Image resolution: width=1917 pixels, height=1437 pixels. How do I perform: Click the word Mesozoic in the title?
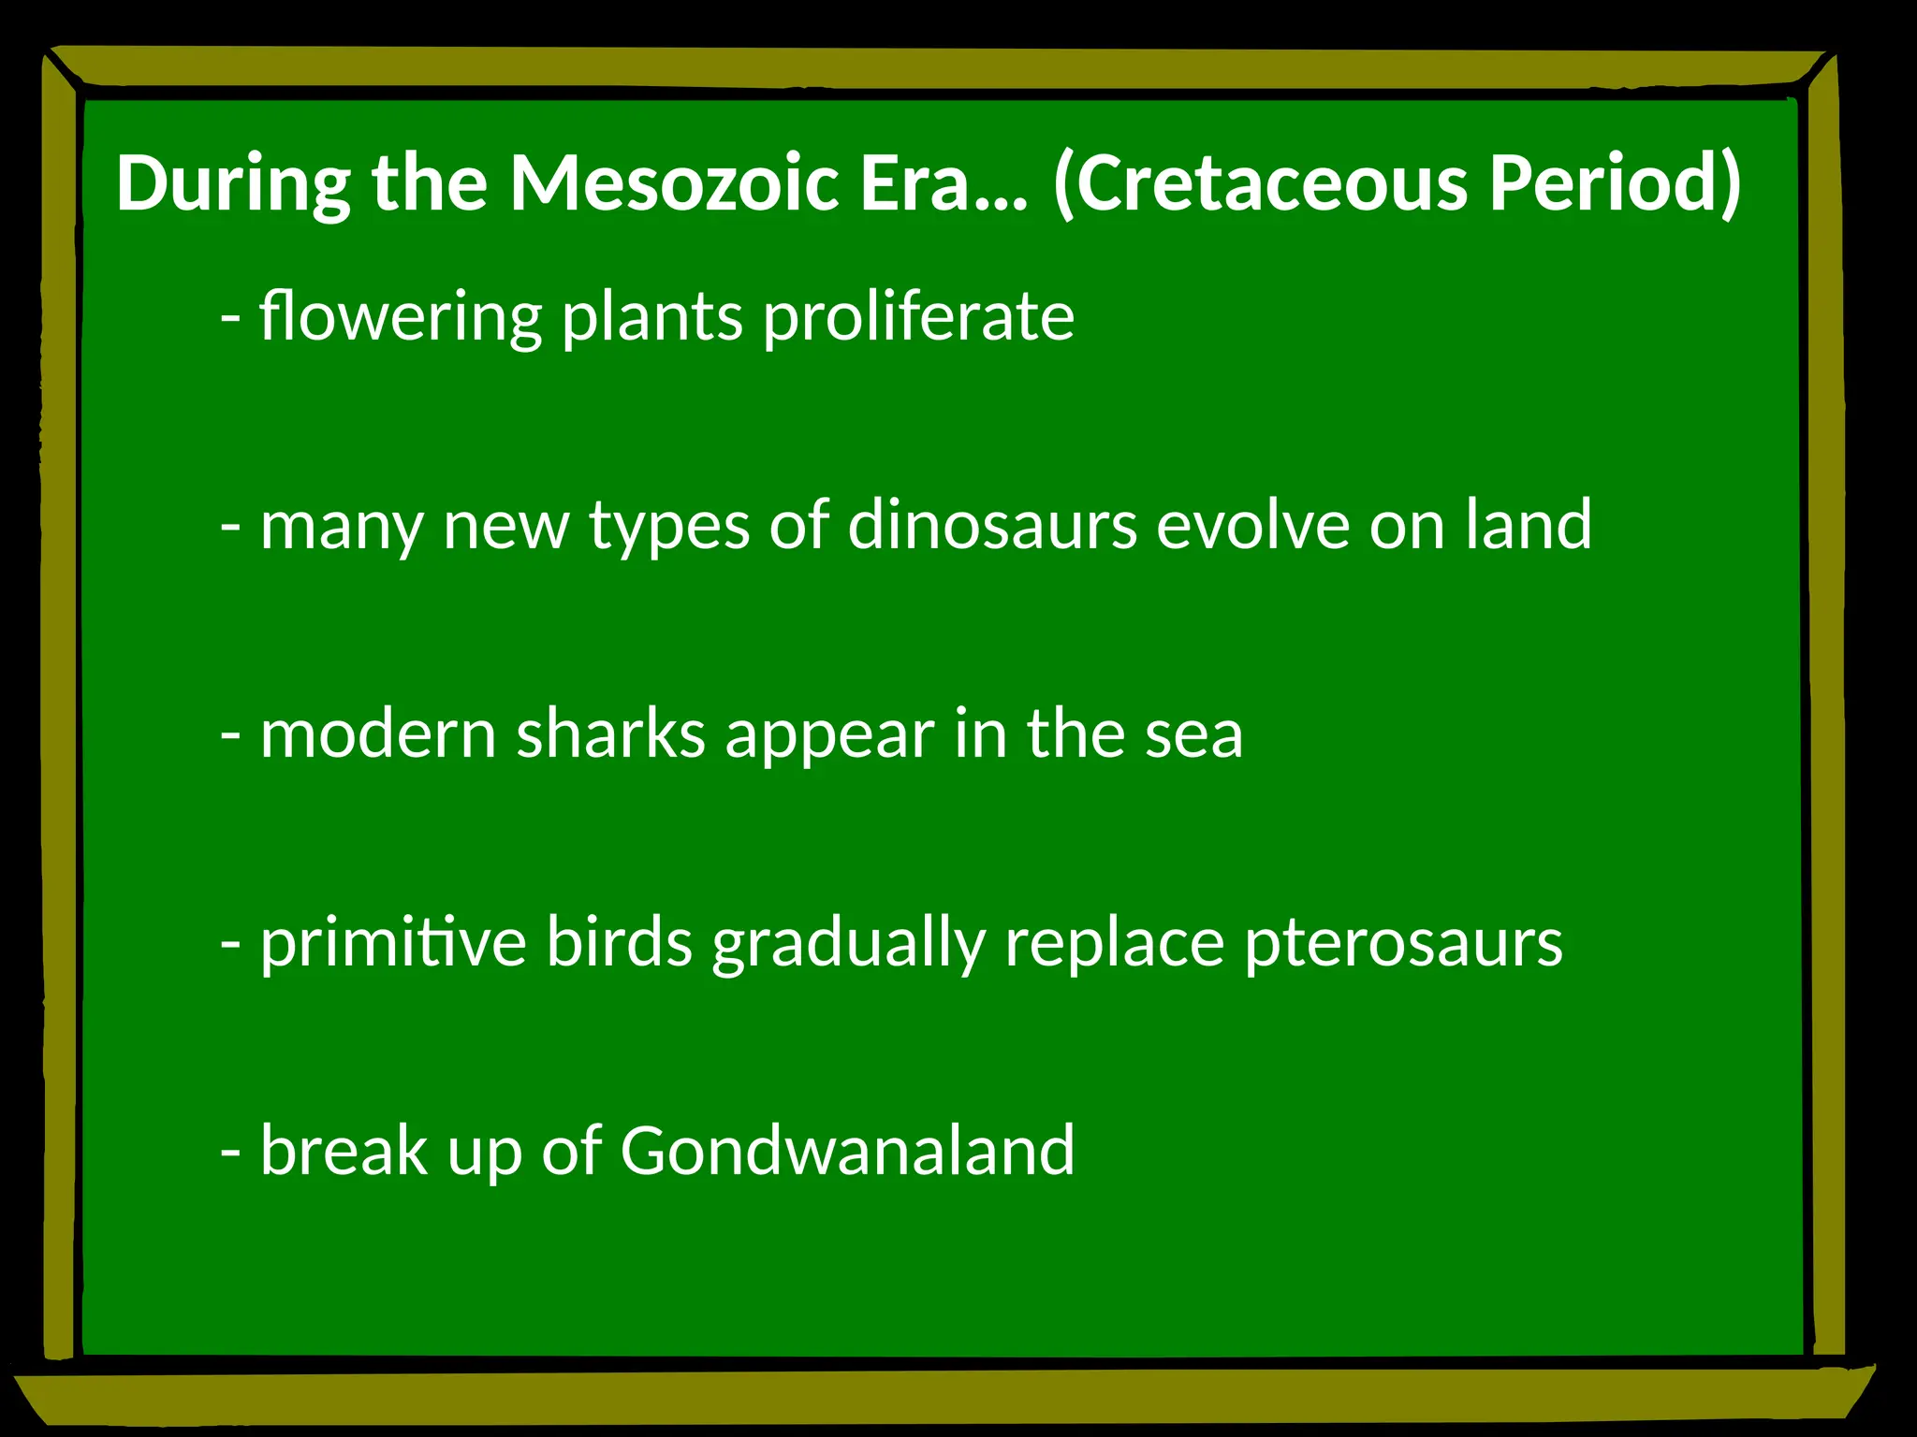[x=673, y=183]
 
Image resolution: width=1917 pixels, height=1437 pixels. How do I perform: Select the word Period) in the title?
[x=1616, y=183]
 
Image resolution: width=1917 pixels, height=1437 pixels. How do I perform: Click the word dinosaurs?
[x=992, y=526]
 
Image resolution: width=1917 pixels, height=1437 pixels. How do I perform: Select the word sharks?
[x=610, y=734]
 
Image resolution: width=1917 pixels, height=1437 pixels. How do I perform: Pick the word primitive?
[x=393, y=943]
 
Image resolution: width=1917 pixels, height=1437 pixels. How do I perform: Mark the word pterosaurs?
[x=1403, y=943]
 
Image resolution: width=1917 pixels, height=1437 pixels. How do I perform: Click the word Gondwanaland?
[x=847, y=1151]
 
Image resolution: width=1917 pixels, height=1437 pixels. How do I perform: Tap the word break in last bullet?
[x=344, y=1151]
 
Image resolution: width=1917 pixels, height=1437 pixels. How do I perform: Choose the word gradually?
[x=848, y=943]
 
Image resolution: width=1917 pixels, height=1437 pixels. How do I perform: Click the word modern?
[x=378, y=734]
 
